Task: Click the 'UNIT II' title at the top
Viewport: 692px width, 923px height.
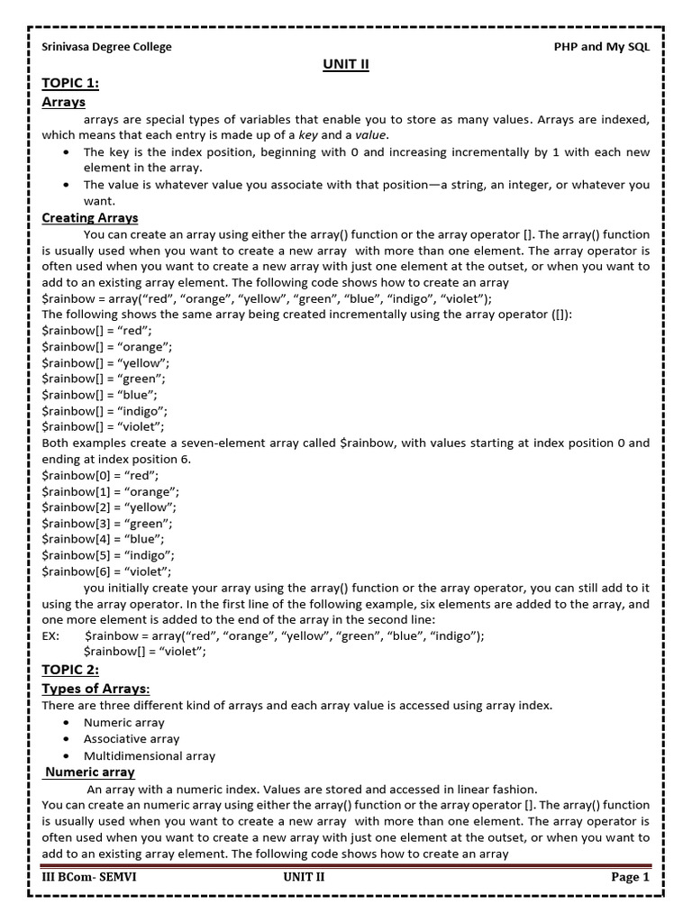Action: click(346, 65)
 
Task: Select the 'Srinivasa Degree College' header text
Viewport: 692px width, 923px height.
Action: click(106, 47)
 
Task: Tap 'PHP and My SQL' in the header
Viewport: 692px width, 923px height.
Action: click(601, 47)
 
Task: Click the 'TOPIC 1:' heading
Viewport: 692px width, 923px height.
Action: click(71, 84)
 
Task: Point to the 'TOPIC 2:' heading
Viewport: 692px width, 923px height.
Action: click(71, 670)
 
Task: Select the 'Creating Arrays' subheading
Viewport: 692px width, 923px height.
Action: click(90, 218)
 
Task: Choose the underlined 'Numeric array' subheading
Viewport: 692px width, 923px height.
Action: click(90, 772)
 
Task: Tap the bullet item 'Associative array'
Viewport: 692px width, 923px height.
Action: click(132, 739)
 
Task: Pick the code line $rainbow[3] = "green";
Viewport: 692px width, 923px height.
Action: click(107, 523)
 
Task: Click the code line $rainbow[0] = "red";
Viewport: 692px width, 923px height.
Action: click(101, 475)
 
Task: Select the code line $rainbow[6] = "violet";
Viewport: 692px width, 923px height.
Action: click(107, 571)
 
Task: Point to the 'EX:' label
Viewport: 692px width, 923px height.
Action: click(51, 635)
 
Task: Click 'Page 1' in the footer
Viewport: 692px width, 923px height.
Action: click(630, 877)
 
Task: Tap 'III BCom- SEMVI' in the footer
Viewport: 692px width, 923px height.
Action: click(88, 877)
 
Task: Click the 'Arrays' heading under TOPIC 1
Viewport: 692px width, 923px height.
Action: click(63, 103)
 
